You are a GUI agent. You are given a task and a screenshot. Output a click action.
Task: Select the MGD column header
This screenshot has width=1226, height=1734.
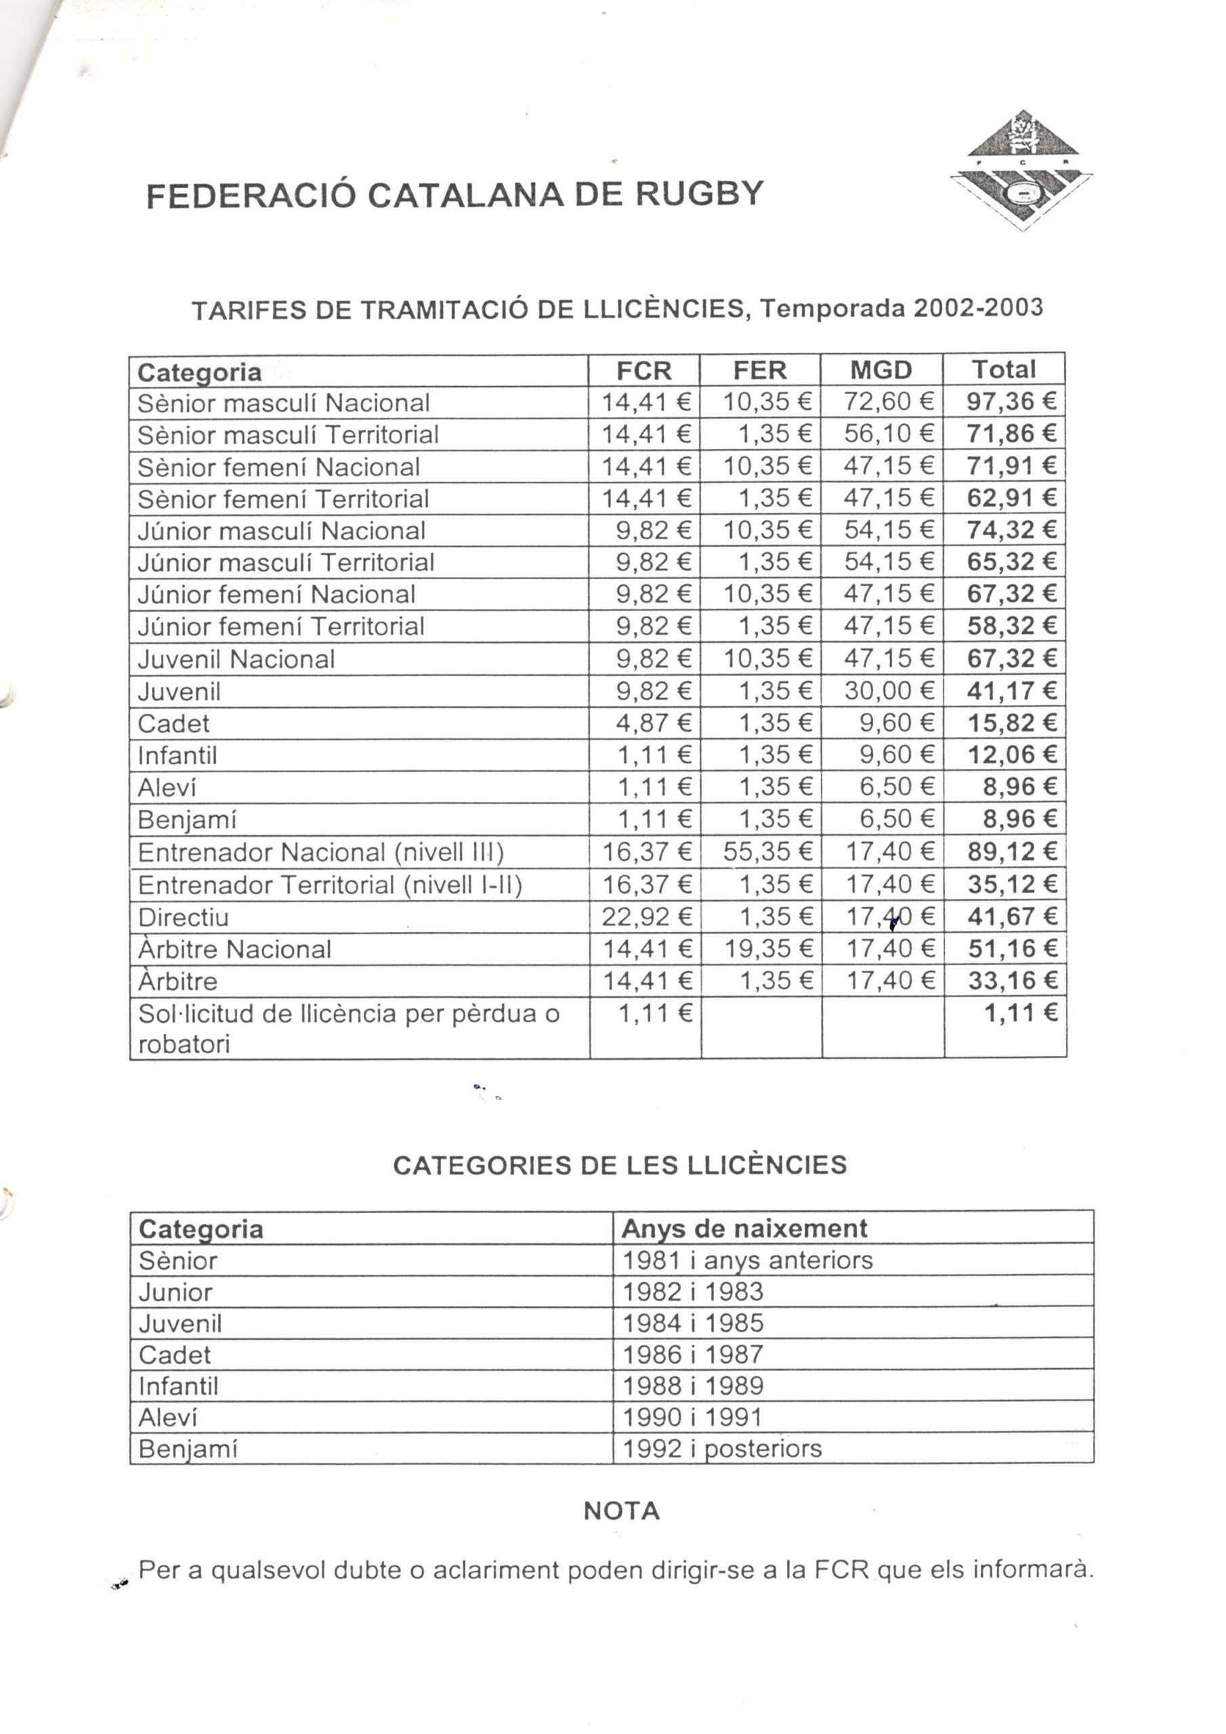click(x=881, y=370)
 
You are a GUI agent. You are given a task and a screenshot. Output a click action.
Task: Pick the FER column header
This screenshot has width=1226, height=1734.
click(x=759, y=370)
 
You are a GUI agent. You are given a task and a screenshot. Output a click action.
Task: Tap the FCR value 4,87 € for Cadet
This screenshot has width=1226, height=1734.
click(x=654, y=723)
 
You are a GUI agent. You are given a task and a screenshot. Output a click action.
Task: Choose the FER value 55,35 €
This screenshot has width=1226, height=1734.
click(x=767, y=852)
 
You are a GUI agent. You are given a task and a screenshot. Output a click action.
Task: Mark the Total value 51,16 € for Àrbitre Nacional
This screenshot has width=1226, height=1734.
click(x=1011, y=948)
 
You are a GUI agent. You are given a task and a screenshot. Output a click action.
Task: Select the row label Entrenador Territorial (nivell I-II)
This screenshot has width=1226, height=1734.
click(x=330, y=885)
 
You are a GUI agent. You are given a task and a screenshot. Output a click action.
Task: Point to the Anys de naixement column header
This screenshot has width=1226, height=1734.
click(x=743, y=1229)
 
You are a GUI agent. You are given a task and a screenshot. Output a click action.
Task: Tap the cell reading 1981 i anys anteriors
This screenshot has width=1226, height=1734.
click(x=747, y=1261)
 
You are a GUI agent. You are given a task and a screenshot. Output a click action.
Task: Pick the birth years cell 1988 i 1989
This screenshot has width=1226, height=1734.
click(x=693, y=1386)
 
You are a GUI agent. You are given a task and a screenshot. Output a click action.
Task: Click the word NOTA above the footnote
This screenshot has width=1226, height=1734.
click(x=622, y=1511)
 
